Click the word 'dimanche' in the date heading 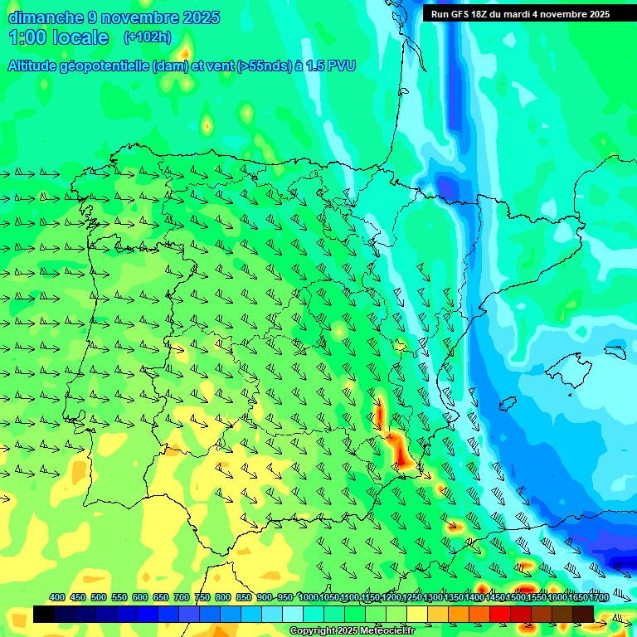tap(45, 17)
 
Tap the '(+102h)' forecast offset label tap(147, 36)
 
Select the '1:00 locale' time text tap(58, 37)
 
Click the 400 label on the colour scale tap(57, 597)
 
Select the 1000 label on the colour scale tap(309, 597)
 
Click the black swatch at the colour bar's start tap(44, 614)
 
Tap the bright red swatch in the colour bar tap(500, 614)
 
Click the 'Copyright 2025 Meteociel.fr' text tap(353, 631)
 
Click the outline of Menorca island tap(614, 352)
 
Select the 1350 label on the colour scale tap(454, 597)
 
